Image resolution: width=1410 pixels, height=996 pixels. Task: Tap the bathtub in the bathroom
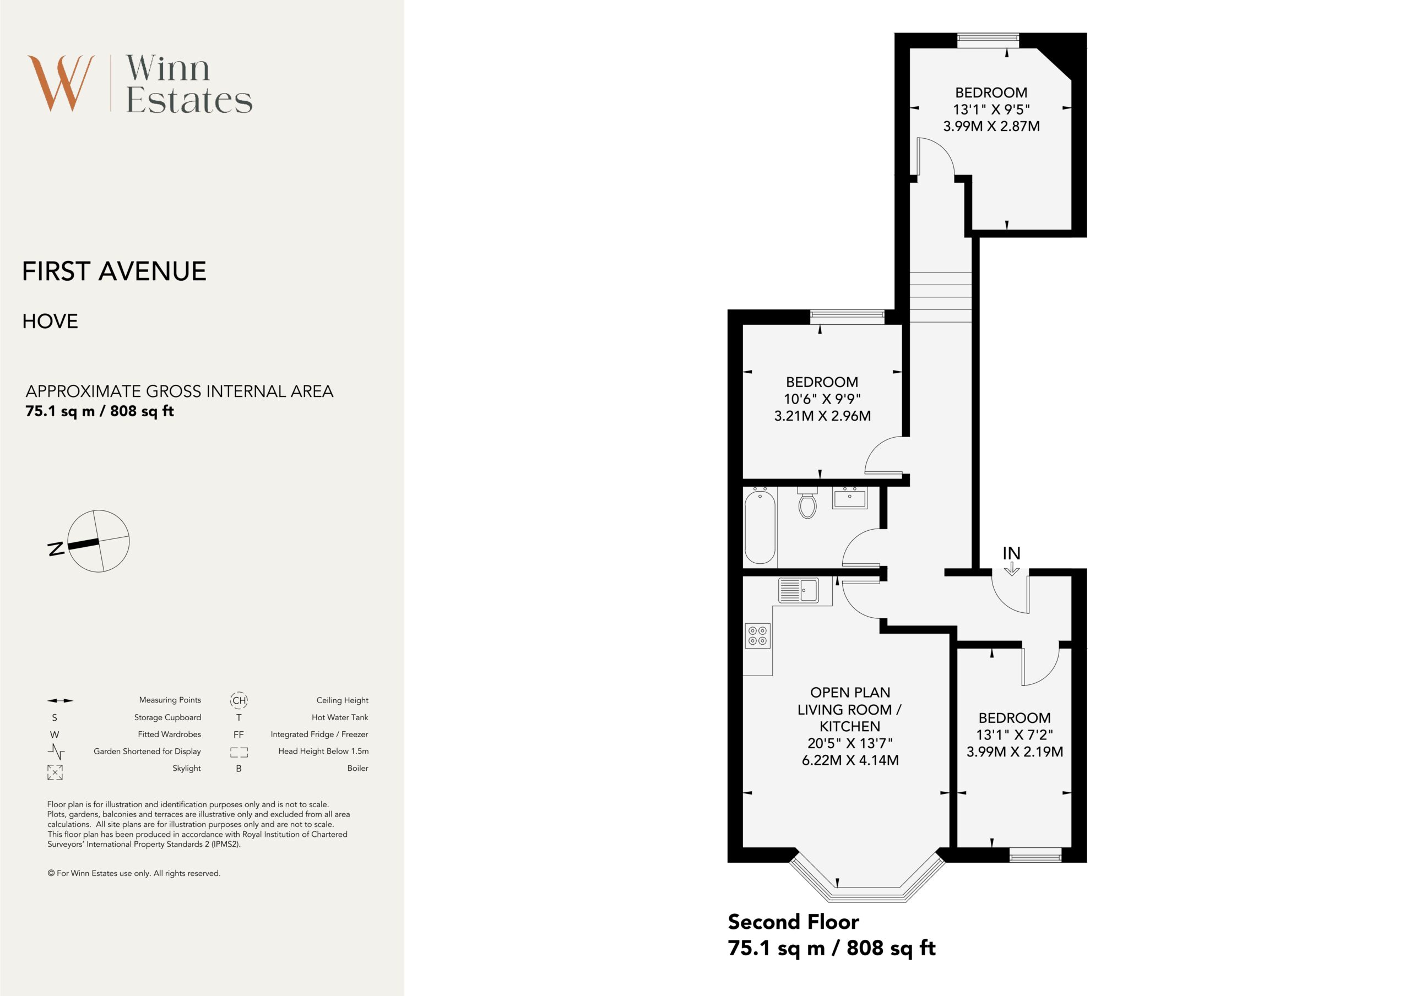(x=760, y=526)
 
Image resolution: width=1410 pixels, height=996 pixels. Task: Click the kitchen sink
(x=798, y=590)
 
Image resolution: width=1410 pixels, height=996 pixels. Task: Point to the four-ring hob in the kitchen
(x=758, y=636)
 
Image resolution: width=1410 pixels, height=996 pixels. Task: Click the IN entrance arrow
(x=1011, y=569)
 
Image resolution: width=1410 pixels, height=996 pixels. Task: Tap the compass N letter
(x=56, y=548)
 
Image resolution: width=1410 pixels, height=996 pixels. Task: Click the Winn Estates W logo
(x=61, y=83)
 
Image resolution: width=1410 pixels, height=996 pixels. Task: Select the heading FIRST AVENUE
(x=114, y=271)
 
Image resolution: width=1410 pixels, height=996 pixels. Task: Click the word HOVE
(x=50, y=321)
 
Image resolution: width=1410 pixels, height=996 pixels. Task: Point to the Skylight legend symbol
(x=55, y=772)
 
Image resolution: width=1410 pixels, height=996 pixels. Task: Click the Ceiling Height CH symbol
(x=239, y=700)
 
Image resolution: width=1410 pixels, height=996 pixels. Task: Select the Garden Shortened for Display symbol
(x=56, y=751)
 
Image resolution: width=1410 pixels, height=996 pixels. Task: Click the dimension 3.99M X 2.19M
(x=1015, y=752)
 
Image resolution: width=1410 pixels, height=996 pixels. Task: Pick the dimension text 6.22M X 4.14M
(x=850, y=760)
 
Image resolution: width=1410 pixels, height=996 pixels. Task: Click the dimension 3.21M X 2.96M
(x=822, y=416)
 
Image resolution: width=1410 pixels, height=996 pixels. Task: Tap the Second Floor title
(x=794, y=922)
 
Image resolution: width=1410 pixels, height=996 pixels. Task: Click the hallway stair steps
(x=940, y=297)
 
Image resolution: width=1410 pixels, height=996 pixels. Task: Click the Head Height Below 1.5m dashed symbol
(x=239, y=752)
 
